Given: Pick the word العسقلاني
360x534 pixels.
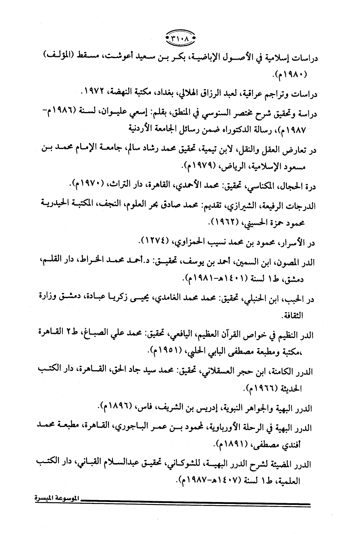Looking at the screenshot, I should (x=219, y=372).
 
